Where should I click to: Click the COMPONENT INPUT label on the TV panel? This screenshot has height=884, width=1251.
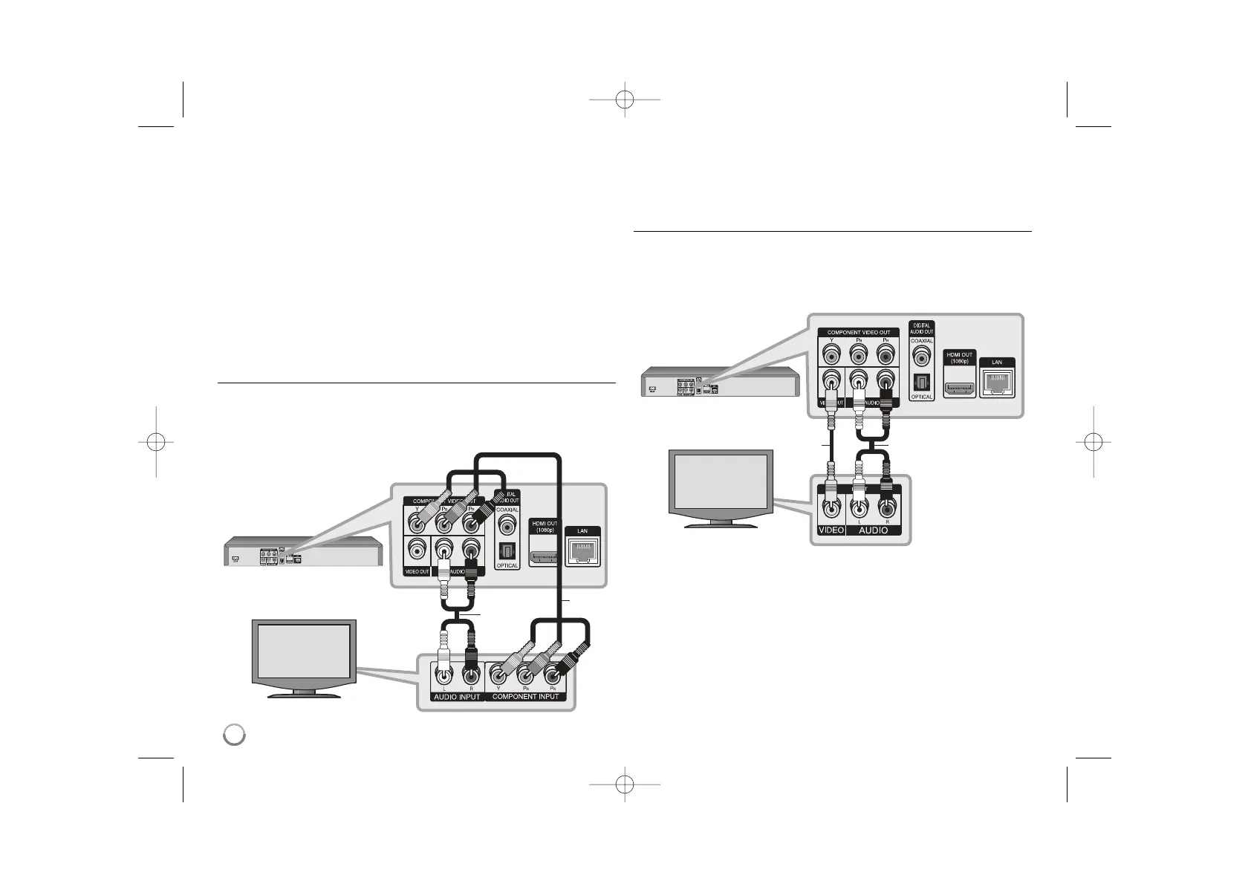tap(525, 697)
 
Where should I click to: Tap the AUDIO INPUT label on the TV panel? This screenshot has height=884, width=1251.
tap(456, 697)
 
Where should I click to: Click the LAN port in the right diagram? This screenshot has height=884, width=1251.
tap(997, 383)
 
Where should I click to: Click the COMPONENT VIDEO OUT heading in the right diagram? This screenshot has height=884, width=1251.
tap(858, 332)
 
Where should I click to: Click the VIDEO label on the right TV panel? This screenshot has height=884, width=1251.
tap(831, 530)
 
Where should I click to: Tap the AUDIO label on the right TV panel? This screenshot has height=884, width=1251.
tap(873, 530)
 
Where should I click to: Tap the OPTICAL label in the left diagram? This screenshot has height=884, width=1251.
tap(507, 566)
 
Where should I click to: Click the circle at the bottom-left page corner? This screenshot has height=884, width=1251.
tap(235, 734)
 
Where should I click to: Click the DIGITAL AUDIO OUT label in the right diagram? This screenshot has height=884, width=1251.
tap(921, 328)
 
